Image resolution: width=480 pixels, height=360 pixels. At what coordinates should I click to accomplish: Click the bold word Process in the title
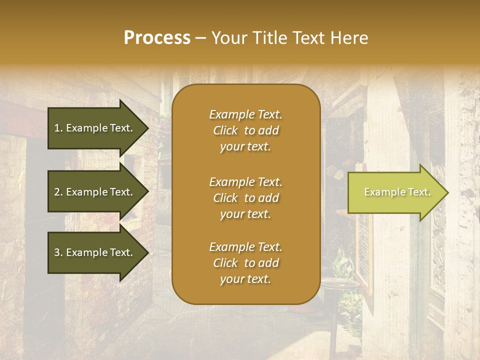click(x=157, y=38)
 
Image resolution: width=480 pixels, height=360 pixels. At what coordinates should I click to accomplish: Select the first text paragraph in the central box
click(x=245, y=130)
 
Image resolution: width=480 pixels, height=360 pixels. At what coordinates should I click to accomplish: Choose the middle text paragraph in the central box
click(x=245, y=198)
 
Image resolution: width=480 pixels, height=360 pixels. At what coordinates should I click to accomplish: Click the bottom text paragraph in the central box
click(x=245, y=263)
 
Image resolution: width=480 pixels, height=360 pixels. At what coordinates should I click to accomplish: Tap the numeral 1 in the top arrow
click(x=57, y=128)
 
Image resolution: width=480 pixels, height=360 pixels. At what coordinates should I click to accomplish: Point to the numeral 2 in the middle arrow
click(x=57, y=192)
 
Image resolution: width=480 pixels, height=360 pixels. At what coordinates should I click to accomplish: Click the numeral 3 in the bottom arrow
click(x=57, y=252)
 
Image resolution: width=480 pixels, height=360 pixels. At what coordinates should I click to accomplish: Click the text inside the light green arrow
click(x=397, y=192)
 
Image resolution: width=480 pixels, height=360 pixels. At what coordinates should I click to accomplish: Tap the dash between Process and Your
click(x=200, y=38)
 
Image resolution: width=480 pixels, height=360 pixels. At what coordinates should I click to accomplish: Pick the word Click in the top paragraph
click(x=225, y=130)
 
